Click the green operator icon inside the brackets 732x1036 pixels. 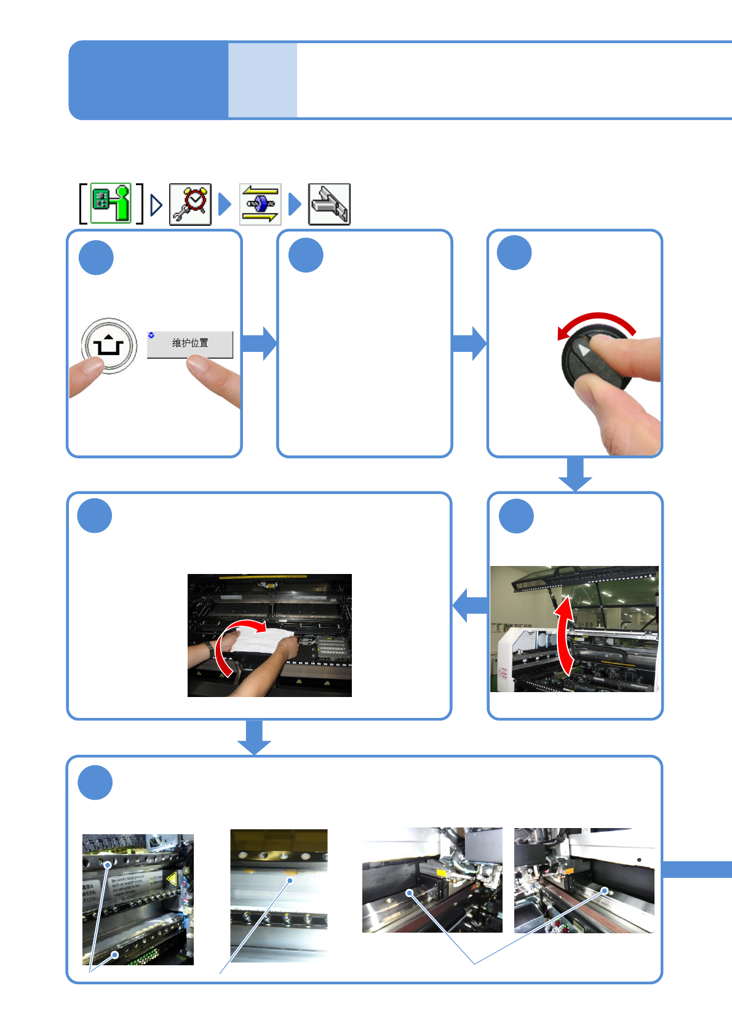111,203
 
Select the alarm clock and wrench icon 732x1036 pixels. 190,204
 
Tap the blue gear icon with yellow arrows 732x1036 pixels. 260,204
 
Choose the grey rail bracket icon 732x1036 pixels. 329,204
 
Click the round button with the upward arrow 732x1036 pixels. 109,345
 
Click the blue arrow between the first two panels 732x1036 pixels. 260,343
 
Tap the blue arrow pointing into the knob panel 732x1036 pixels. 469,343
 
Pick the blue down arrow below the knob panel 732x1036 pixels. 575,474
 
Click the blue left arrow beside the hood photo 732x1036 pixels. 471,605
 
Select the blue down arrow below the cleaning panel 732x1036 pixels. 254,737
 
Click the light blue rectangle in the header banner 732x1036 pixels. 263,80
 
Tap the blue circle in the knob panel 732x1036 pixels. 514,253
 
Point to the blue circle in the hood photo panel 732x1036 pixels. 516,516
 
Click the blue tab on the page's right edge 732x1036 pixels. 697,869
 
